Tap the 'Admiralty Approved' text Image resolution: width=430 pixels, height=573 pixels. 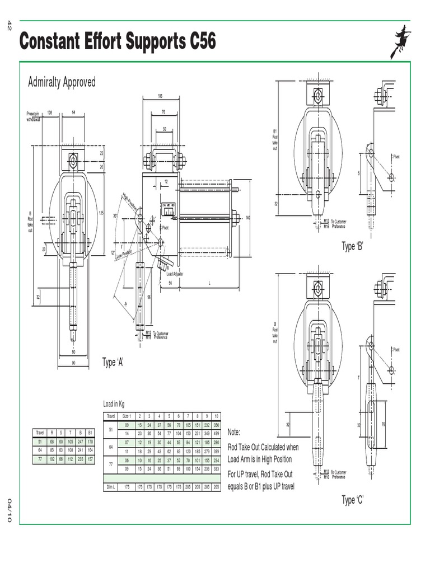click(x=62, y=82)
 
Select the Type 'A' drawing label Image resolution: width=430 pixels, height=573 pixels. click(x=113, y=362)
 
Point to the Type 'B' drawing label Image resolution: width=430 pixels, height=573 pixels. click(x=353, y=247)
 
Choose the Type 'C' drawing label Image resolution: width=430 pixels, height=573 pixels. click(x=353, y=500)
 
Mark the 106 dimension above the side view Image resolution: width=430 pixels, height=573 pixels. click(x=160, y=96)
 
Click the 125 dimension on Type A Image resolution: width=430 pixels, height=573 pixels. click(x=101, y=212)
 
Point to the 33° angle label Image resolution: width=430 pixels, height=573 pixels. click(x=116, y=215)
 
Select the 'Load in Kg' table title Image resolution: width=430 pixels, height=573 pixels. click(x=114, y=403)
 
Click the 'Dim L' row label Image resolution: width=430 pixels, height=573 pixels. click(x=110, y=487)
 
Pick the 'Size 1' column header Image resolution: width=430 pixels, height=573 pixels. click(x=126, y=416)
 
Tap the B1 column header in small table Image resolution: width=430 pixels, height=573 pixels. click(x=90, y=433)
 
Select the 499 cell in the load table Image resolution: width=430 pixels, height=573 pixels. click(x=216, y=433)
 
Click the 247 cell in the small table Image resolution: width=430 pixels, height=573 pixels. click(x=81, y=441)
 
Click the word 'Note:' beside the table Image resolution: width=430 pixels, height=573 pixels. click(x=234, y=432)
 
